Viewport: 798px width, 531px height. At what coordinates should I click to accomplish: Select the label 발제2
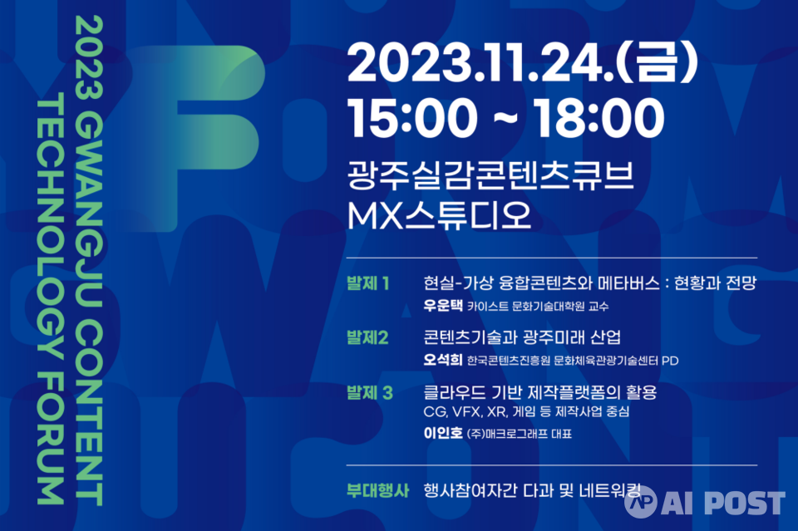tap(367, 337)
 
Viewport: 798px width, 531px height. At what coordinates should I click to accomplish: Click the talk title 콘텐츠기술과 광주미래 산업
tap(522, 337)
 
